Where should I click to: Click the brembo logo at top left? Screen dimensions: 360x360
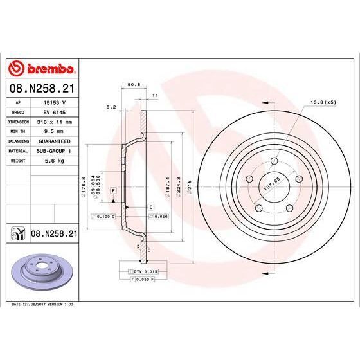coord(42,69)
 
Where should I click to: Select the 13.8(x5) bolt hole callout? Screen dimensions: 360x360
coord(322,102)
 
